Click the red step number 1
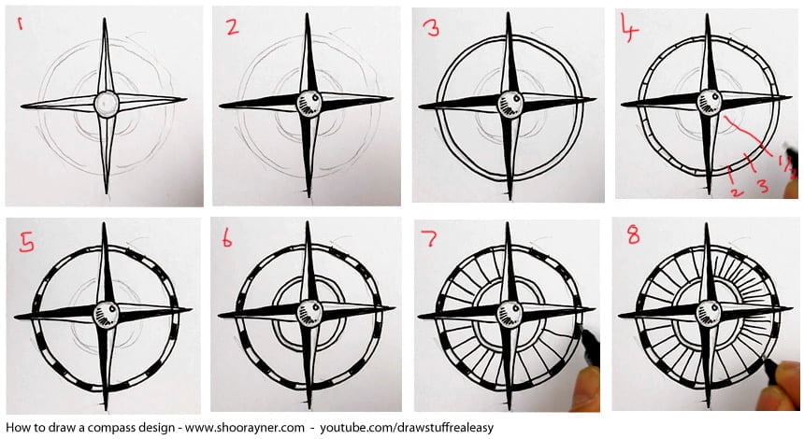pyautogui.click(x=21, y=22)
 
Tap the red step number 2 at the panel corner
pyautogui.click(x=232, y=26)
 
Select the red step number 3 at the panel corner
pyautogui.click(x=432, y=28)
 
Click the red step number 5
pyautogui.click(x=26, y=242)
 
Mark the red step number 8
pyautogui.click(x=634, y=235)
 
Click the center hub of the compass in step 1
pyautogui.click(x=107, y=104)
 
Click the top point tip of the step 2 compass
pyautogui.click(x=308, y=14)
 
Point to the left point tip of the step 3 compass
pyautogui.click(x=420, y=107)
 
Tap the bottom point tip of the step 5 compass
pyautogui.click(x=106, y=408)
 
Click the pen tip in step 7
pyautogui.click(x=582, y=331)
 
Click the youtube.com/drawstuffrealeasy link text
pyautogui.click(x=407, y=427)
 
